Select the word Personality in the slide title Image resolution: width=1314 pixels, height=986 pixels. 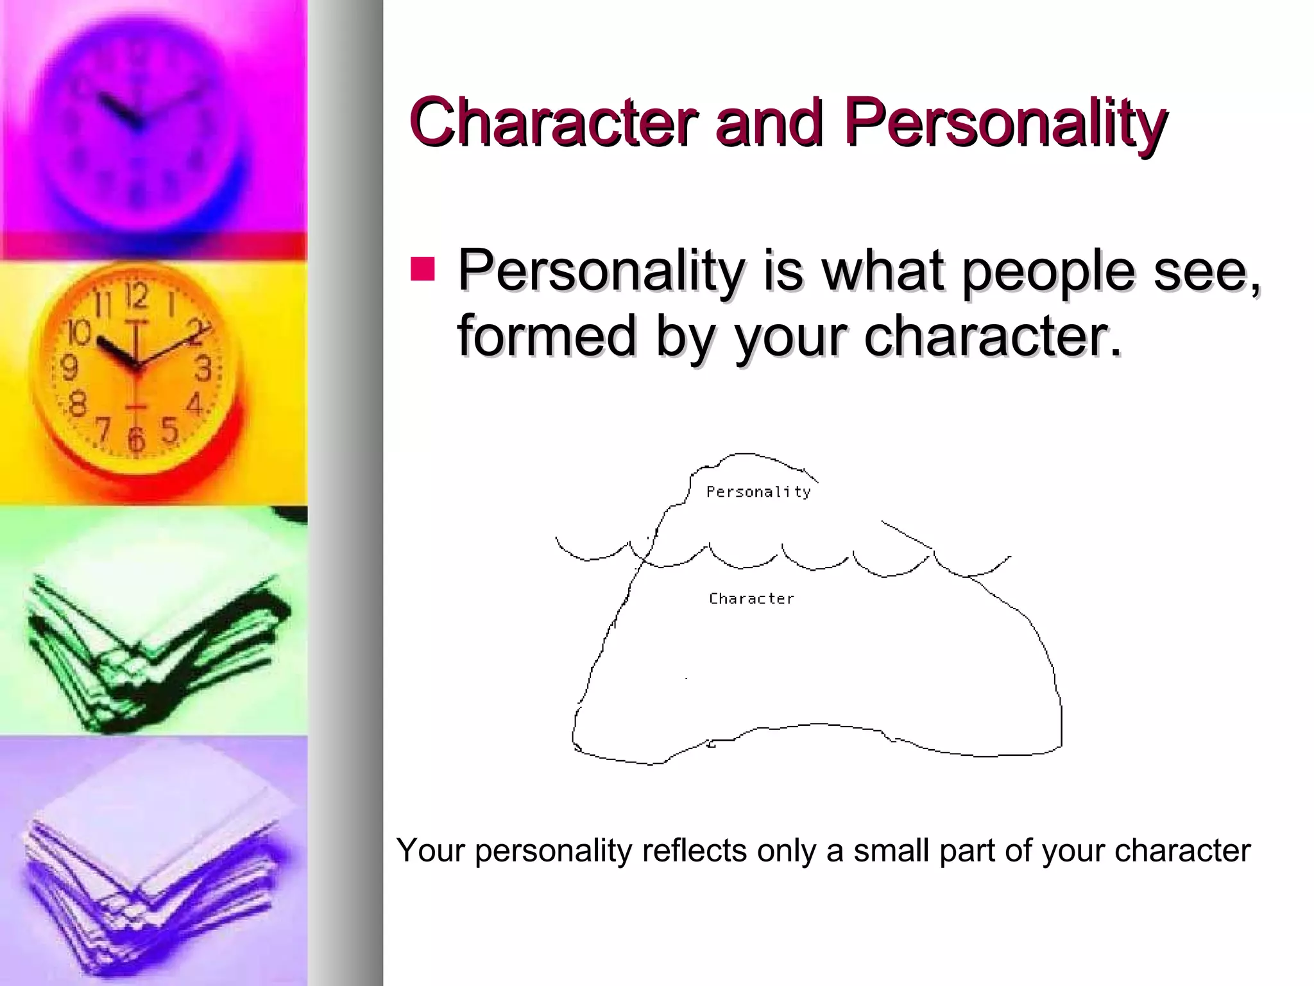click(x=1005, y=123)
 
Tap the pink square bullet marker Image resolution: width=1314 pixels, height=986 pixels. click(x=423, y=269)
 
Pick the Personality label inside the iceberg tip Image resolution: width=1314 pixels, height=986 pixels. click(x=758, y=492)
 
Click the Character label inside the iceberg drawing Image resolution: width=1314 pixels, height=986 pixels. click(x=751, y=599)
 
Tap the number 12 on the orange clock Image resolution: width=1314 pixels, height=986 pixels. click(x=137, y=297)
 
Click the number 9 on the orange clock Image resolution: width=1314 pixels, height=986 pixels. click(x=69, y=367)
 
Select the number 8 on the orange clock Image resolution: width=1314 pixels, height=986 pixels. click(x=78, y=405)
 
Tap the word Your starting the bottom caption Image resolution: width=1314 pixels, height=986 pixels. click(x=431, y=851)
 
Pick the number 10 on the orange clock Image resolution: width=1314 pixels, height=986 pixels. click(x=80, y=333)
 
